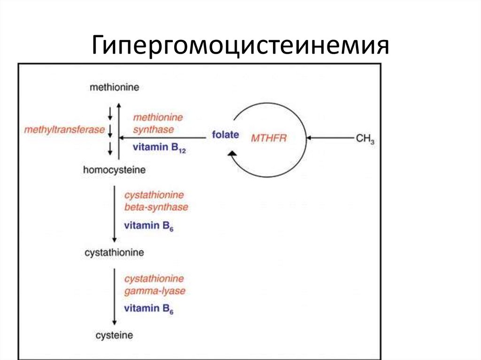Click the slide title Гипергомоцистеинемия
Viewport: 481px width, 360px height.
240,46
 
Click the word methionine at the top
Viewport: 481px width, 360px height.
115,87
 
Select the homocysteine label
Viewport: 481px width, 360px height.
115,170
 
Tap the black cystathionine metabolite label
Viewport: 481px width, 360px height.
115,253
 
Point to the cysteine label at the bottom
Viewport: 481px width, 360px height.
115,335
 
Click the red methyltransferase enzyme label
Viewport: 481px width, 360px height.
64,130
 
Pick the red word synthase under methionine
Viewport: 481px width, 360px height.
154,130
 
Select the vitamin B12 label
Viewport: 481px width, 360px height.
159,147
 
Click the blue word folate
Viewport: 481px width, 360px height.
225,135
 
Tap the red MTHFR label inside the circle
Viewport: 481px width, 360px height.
269,138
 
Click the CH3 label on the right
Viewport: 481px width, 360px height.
365,139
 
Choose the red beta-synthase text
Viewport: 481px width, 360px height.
156,207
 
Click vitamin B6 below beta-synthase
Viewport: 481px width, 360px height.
149,226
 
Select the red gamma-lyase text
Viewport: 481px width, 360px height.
155,291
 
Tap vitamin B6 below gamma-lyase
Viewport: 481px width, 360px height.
149,308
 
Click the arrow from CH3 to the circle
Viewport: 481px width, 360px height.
330,138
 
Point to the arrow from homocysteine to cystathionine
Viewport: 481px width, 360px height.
115,214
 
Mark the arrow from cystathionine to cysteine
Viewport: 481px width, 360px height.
115,297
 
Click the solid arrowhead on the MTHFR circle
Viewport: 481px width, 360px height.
232,153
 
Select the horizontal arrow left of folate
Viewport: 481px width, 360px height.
162,138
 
